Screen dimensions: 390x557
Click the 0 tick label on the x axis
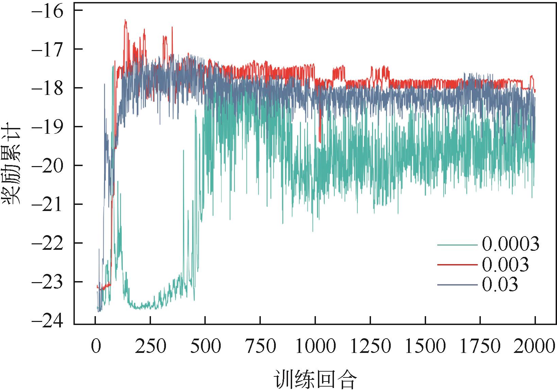(x=96, y=347)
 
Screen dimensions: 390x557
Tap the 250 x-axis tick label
(x=150, y=347)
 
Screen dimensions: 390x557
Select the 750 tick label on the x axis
(x=260, y=347)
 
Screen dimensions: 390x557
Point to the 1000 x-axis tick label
(x=315, y=347)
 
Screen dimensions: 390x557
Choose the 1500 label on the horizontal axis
(x=425, y=347)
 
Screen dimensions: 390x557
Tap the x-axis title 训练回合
(x=315, y=379)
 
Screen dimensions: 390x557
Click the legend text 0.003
(x=505, y=264)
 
